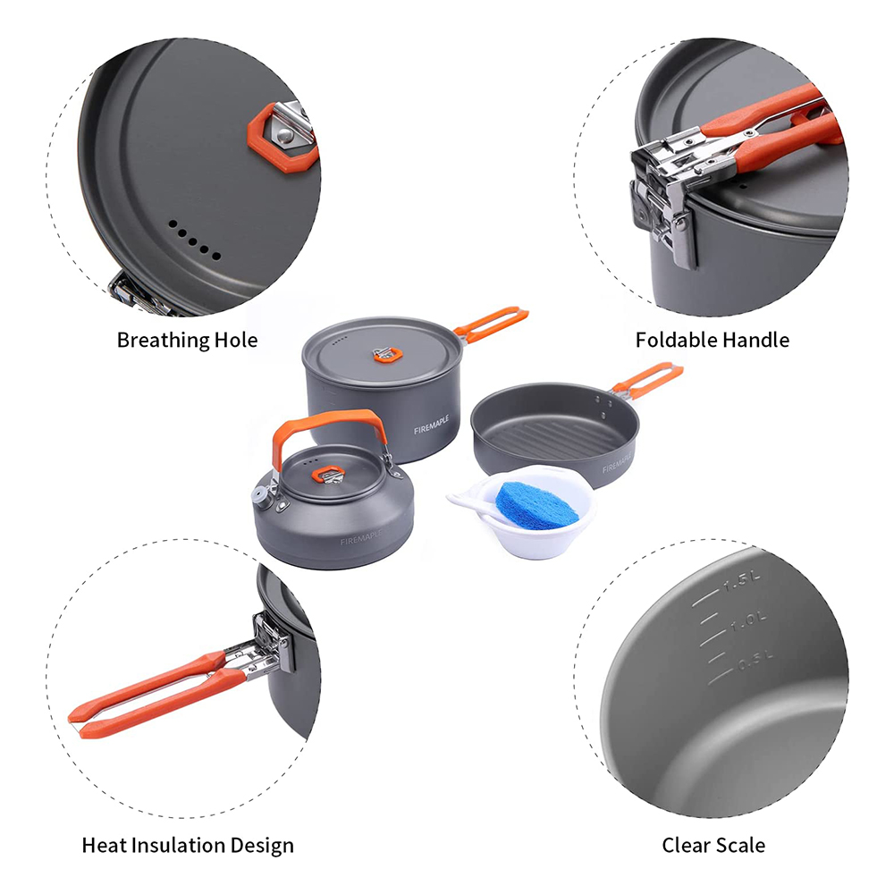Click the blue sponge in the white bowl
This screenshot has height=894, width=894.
[536, 504]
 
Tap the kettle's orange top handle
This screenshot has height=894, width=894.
[326, 426]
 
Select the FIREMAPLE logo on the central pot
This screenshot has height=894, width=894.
[432, 425]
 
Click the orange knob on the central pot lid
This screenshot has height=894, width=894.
[388, 355]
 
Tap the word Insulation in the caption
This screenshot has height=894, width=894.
[190, 845]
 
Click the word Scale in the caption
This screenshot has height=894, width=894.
[740, 845]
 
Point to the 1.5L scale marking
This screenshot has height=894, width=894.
[741, 582]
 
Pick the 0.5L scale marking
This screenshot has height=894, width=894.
[756, 660]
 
